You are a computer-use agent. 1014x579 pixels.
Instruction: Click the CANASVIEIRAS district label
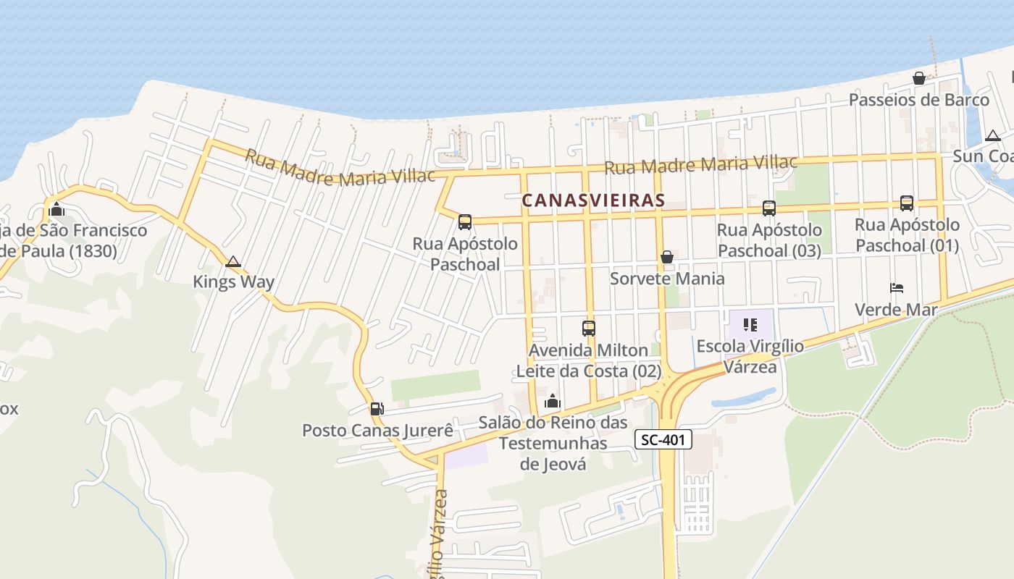(593, 200)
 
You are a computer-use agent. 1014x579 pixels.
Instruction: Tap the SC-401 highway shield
(663, 439)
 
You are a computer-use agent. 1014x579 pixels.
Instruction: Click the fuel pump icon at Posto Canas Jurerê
(377, 409)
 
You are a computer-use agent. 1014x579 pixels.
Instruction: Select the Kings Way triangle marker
(233, 261)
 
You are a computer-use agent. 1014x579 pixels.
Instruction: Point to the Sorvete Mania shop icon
(666, 257)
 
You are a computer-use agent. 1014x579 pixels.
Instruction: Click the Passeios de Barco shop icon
(919, 78)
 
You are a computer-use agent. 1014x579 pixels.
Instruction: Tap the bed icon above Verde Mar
(897, 288)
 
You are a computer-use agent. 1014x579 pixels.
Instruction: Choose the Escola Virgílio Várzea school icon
(750, 325)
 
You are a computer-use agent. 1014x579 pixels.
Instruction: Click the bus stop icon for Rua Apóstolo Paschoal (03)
(769, 208)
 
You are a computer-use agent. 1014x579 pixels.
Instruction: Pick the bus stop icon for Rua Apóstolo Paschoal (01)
(907, 203)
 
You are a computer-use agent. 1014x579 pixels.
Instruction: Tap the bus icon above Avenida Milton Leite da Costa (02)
(589, 329)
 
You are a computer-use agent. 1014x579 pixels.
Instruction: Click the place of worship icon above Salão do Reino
(553, 401)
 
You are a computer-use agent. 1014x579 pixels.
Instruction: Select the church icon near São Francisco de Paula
(56, 210)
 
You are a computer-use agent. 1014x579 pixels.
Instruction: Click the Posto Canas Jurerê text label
(377, 431)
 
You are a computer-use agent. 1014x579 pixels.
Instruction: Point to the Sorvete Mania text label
(667, 279)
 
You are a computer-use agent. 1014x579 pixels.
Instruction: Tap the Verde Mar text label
(896, 310)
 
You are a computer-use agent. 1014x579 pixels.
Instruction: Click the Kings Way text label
(233, 282)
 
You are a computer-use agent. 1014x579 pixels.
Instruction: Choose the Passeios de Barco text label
(919, 100)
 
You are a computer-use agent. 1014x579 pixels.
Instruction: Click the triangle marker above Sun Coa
(993, 135)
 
